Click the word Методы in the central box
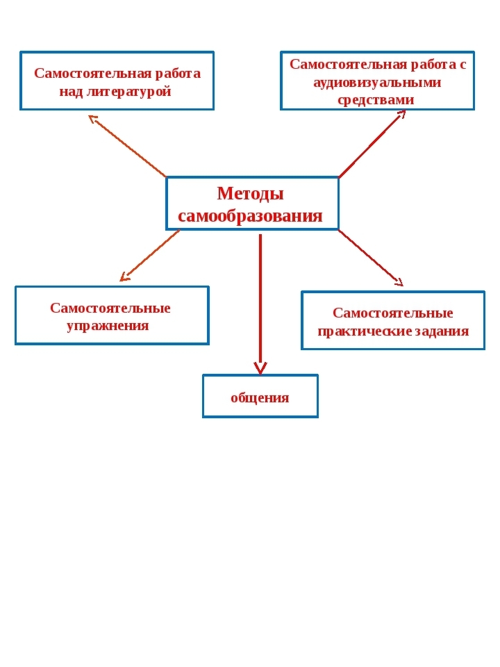click(251, 194)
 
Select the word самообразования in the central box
click(250, 216)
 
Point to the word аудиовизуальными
click(377, 83)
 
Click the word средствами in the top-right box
click(376, 100)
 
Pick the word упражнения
click(108, 327)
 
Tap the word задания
click(442, 331)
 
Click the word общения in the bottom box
click(260, 398)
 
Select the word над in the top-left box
click(71, 92)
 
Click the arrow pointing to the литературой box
click(127, 145)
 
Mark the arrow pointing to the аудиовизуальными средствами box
click(372, 144)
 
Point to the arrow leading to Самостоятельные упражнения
click(150, 256)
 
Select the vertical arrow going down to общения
click(260, 304)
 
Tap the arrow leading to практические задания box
click(371, 258)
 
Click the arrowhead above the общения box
click(260, 368)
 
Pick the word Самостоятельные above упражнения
click(110, 308)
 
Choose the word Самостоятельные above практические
click(393, 313)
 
